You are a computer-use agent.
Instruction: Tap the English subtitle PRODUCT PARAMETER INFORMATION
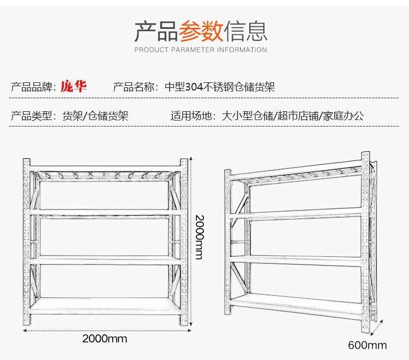(201, 50)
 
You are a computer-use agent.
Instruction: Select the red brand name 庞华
(74, 86)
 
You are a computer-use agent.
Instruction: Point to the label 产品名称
(134, 87)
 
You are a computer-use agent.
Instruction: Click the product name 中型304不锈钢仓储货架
(219, 87)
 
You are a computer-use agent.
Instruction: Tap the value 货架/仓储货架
(95, 116)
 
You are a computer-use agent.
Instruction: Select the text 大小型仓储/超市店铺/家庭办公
(292, 116)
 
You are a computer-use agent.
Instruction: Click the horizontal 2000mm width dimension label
(105, 338)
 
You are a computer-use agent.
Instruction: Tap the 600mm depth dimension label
(368, 345)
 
